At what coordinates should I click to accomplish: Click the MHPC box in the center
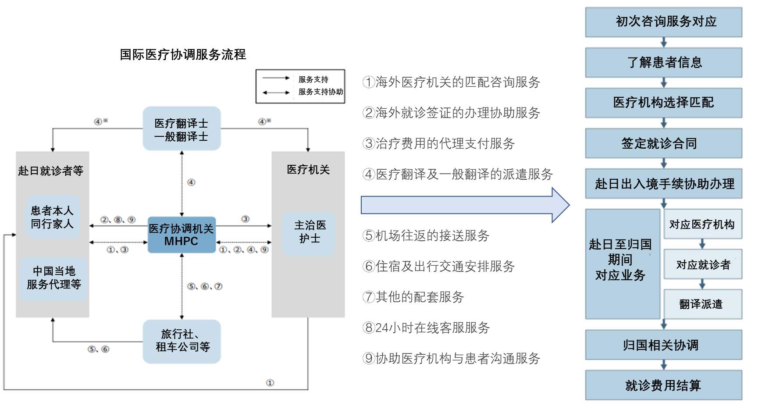click(182, 235)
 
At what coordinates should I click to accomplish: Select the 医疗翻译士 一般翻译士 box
click(182, 129)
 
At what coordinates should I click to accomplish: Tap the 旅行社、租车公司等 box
click(182, 341)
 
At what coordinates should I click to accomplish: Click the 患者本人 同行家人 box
click(52, 217)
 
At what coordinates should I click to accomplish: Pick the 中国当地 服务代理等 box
click(53, 278)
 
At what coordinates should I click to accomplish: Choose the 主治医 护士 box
click(309, 233)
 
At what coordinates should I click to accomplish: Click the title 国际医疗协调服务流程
click(183, 54)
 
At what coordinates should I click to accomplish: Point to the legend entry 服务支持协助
click(320, 92)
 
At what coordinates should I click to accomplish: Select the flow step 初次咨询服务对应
click(664, 21)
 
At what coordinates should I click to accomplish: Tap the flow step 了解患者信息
click(664, 62)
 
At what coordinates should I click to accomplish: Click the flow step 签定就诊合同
click(664, 143)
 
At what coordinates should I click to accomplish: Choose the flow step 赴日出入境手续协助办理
click(664, 184)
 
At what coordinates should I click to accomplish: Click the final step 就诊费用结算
click(664, 385)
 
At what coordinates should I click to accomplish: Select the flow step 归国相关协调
click(664, 345)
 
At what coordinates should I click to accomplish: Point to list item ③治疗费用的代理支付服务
click(438, 143)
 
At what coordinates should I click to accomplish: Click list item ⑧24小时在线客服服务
click(426, 328)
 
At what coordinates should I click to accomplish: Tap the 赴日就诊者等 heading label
click(51, 171)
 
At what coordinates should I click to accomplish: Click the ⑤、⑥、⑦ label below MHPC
click(205, 286)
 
